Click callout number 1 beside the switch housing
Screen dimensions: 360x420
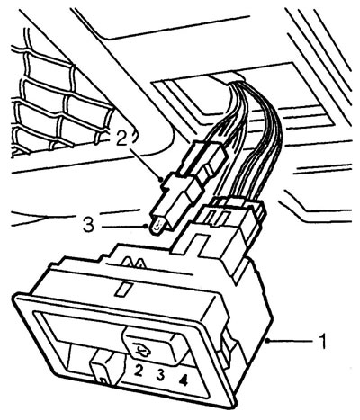[322, 342]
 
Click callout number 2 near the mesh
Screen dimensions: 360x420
[122, 138]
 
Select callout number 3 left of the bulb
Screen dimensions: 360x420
[88, 225]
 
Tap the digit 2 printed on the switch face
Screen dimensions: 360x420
[138, 370]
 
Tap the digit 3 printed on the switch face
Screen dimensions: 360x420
[160, 375]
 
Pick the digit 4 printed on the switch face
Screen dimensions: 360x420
[183, 380]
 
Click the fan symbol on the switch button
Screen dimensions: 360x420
[142, 348]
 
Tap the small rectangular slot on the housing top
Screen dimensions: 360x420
[123, 288]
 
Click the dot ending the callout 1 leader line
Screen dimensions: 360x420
[267, 341]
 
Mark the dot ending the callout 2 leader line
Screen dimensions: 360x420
[162, 180]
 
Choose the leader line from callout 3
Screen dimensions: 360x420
[123, 227]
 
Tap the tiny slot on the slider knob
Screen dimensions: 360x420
[104, 381]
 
